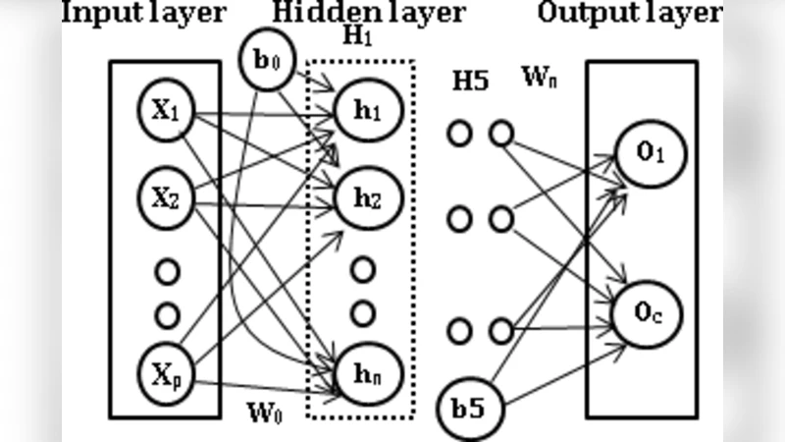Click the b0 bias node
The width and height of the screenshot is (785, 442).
coord(263,60)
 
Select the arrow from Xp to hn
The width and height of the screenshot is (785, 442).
coord(265,387)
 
